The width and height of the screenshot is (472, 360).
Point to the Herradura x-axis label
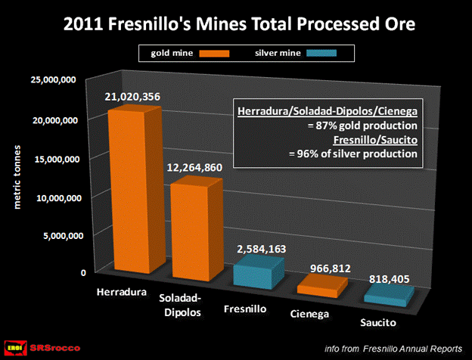coord(121,292)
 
